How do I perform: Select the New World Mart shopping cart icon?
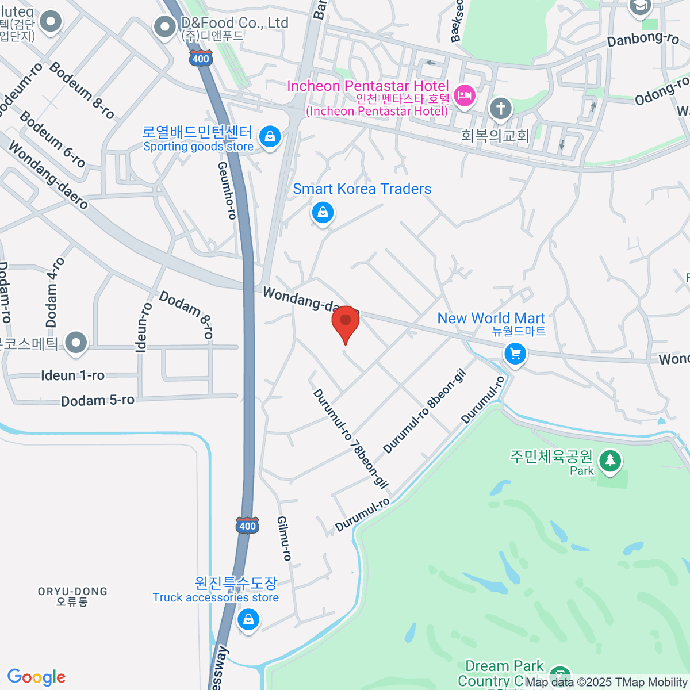coord(515,354)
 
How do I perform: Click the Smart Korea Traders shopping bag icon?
coord(323,213)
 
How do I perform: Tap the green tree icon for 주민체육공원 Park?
coord(609,461)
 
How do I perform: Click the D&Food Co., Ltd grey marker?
coord(166,26)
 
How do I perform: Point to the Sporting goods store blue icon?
coord(270,137)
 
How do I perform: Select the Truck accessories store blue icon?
coord(248,620)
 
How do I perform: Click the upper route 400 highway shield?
coord(201,58)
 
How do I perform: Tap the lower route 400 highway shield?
coord(247,525)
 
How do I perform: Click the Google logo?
coord(36,677)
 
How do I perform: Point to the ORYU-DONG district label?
coord(72,596)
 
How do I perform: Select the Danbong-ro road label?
coord(643,39)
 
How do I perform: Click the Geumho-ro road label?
coord(227,190)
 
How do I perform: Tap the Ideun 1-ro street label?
coord(73,375)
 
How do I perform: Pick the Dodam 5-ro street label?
coord(98,400)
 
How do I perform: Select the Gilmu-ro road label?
coord(285,538)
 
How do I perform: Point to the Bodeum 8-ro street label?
coord(82,90)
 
